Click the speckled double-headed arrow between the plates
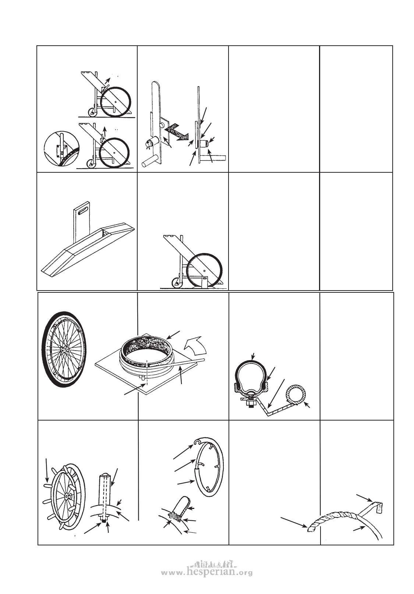point(176,132)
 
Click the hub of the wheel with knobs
point(65,495)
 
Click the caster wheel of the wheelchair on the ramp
point(177,283)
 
